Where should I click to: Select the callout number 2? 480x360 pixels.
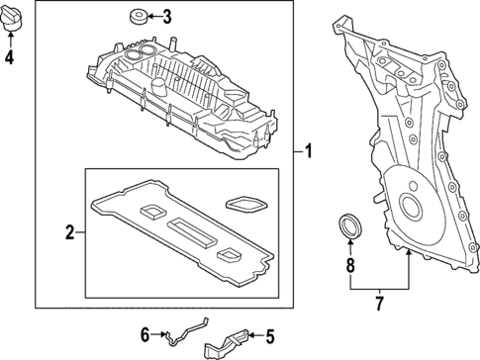[70, 233]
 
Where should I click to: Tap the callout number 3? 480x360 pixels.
[166, 16]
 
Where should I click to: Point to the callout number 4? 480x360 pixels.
[10, 56]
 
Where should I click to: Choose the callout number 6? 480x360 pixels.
[144, 335]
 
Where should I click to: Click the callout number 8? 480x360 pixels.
[349, 264]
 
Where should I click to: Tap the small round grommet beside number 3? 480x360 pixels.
[136, 15]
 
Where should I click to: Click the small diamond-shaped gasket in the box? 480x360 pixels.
[240, 204]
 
